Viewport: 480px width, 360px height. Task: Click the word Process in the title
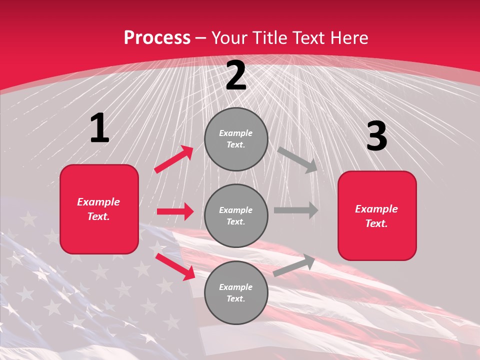[x=157, y=38]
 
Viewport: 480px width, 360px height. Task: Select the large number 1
[x=99, y=128]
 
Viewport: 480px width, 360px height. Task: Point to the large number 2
[x=236, y=76]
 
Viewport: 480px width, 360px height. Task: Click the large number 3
[x=376, y=136]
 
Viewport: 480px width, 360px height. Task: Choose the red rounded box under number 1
[x=99, y=209]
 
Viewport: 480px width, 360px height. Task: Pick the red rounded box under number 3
[x=377, y=216]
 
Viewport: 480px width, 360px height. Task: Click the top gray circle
[x=236, y=138]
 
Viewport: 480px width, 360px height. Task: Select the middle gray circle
[x=236, y=215]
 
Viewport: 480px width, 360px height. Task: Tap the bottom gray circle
[x=236, y=292]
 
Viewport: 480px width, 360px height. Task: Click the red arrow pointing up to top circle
[x=174, y=159]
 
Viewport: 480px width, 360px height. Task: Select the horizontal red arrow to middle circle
[x=175, y=211]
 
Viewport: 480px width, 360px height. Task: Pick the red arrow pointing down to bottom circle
[x=175, y=266]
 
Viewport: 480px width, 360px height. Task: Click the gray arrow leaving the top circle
[x=298, y=159]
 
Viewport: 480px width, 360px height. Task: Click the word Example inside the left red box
[x=98, y=202]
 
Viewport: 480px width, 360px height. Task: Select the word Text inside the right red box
[x=376, y=223]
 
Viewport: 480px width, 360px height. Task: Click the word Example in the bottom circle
[x=235, y=287]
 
